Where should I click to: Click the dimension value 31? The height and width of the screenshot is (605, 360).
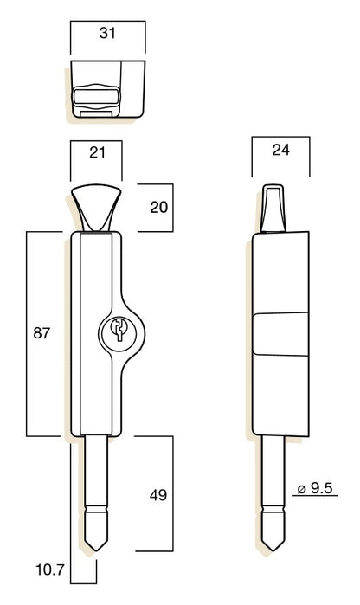107,33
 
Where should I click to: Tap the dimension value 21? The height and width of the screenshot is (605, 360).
97,152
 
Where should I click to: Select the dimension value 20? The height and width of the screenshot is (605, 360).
159,208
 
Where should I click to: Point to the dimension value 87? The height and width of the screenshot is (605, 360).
42,332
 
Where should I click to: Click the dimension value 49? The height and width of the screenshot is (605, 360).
158,495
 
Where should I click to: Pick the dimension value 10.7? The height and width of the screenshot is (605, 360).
50,570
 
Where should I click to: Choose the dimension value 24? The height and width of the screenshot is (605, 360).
280,150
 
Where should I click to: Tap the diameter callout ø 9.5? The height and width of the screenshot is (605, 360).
315,488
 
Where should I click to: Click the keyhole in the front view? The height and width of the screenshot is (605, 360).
119,329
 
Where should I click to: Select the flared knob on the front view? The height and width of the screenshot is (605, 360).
96,209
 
